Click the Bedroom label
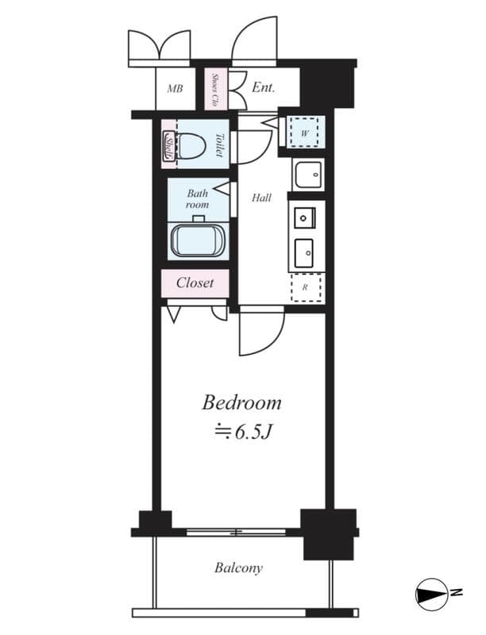[241, 403]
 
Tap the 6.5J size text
[242, 433]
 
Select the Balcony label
[238, 568]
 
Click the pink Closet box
[195, 283]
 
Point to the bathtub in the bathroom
[198, 241]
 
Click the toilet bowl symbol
[190, 145]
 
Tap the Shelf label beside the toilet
[168, 145]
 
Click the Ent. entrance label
[264, 87]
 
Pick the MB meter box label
[175, 88]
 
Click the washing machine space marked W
[305, 132]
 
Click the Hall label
[261, 198]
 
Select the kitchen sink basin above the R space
[303, 253]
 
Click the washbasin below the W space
[309, 175]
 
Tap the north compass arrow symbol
[431, 595]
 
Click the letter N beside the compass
[456, 593]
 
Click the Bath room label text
[198, 199]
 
